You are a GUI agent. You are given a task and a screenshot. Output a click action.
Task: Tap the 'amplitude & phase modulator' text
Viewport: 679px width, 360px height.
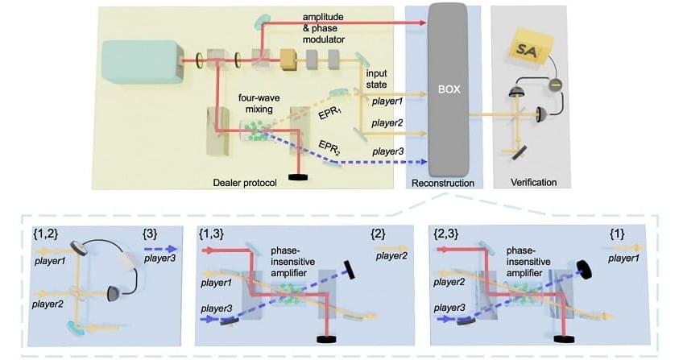point(329,27)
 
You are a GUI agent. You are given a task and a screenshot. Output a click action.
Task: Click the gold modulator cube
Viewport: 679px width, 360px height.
point(288,60)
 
